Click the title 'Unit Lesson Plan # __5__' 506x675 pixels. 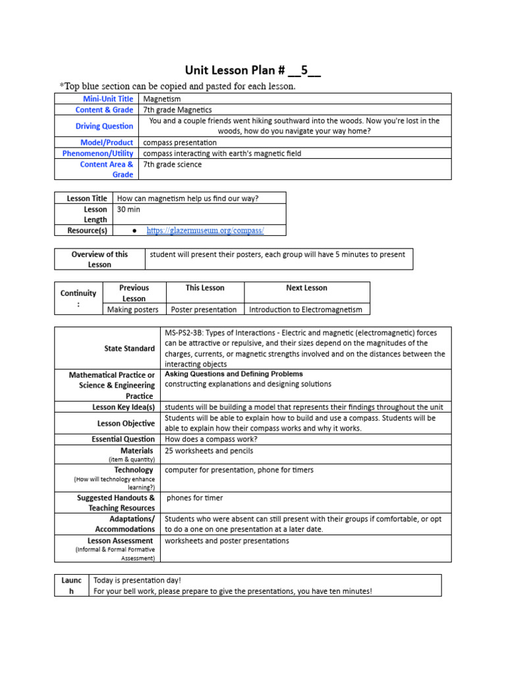(253, 71)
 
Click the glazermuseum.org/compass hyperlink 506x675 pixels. (205, 230)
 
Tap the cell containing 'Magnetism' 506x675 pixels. (162, 99)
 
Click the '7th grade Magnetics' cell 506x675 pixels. (177, 110)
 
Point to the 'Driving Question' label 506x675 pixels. (104, 126)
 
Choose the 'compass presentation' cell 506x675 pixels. (179, 142)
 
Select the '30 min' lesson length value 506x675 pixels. (128, 209)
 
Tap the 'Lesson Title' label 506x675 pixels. (87, 198)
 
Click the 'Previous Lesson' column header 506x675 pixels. (134, 293)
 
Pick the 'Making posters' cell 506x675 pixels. (132, 309)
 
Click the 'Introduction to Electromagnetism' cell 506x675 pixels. (306, 309)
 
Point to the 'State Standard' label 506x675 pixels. (130, 348)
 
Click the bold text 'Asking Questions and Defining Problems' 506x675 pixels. (233, 374)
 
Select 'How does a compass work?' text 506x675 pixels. (211, 439)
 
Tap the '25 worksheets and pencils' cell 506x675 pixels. (209, 451)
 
